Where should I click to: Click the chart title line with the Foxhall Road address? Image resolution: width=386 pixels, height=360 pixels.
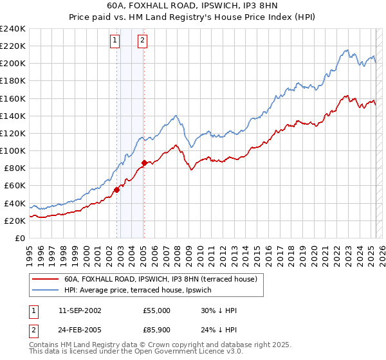193,6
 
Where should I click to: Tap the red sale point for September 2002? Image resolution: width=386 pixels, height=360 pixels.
117,190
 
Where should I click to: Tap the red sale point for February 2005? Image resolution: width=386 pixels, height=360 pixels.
144,163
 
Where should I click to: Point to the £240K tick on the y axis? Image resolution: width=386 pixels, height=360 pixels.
13,29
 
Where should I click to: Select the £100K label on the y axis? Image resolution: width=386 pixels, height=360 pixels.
13,150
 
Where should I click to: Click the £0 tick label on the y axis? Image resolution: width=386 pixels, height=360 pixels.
19,238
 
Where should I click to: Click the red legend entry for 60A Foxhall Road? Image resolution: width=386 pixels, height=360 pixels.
160,279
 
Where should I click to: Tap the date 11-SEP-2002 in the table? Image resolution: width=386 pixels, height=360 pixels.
80,310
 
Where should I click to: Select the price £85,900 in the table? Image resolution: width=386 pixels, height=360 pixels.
157,330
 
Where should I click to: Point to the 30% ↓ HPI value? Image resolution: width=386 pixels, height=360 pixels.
219,310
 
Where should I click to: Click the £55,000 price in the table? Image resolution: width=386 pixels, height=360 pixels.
157,310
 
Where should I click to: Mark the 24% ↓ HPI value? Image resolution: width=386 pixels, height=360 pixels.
219,330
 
